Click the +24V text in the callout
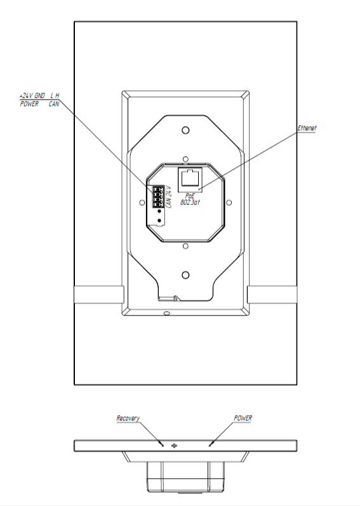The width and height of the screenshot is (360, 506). [26, 96]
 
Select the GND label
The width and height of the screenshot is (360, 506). [39, 96]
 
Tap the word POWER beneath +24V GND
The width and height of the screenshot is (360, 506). [29, 104]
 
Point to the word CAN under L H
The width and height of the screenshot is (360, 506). [54, 104]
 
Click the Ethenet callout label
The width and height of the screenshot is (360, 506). [307, 128]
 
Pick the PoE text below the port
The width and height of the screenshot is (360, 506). [190, 196]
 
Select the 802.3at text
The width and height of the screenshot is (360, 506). [190, 203]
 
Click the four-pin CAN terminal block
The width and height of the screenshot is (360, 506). [158, 196]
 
